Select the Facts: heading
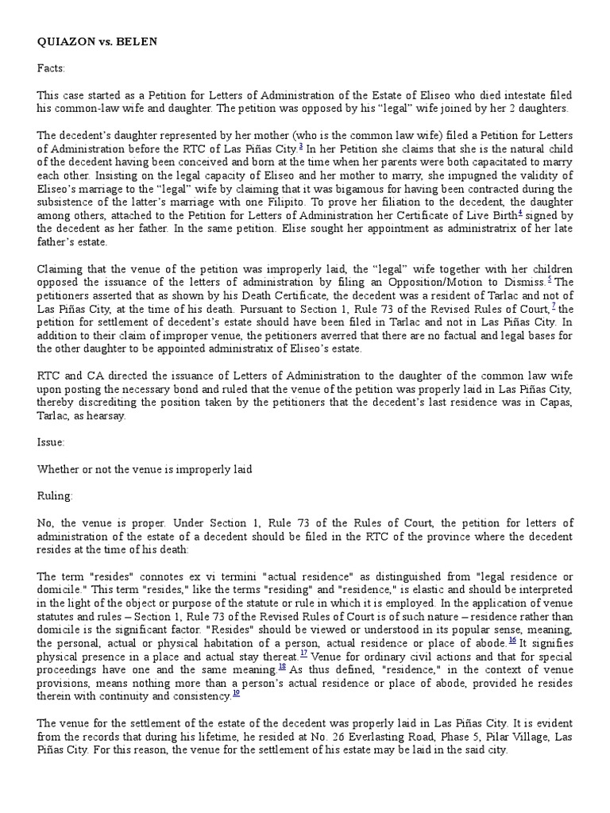point(52,69)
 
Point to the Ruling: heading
point(55,495)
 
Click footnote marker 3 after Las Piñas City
point(300,146)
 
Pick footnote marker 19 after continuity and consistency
point(236,694)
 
